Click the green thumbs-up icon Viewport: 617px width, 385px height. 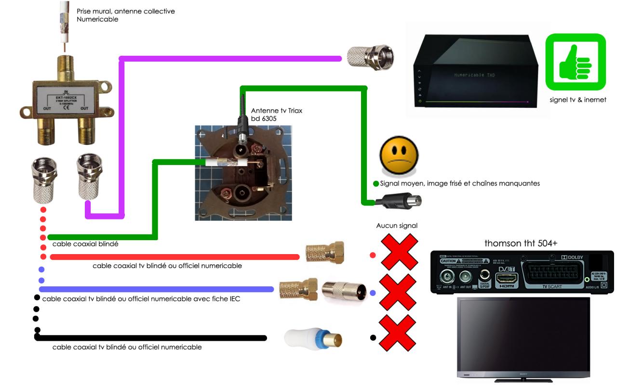[x=575, y=62]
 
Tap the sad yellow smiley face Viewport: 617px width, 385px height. [x=398, y=156]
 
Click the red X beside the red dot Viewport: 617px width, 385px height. [x=399, y=252]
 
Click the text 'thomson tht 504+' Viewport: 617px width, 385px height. [x=521, y=244]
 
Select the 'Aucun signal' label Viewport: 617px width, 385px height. [x=397, y=226]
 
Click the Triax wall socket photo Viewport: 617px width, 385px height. [x=243, y=173]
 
